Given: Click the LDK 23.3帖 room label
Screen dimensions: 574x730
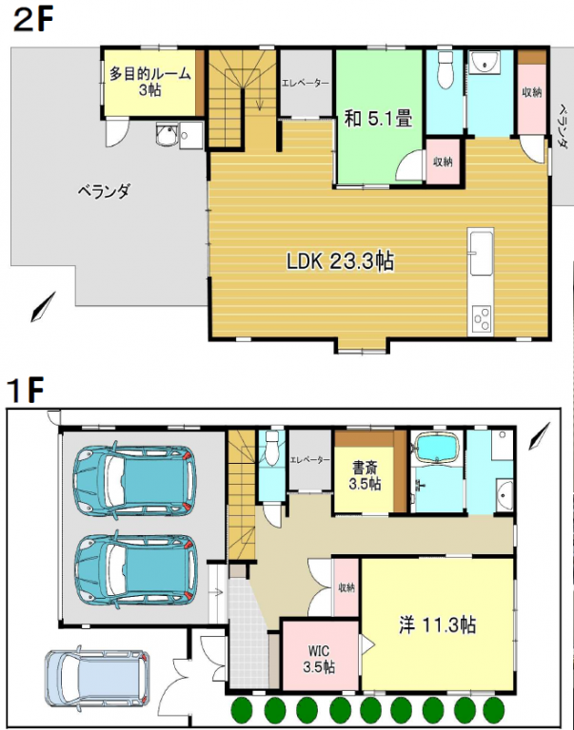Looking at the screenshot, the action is pyautogui.click(x=340, y=261).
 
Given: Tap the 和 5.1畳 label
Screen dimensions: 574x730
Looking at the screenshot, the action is pyautogui.click(x=378, y=118).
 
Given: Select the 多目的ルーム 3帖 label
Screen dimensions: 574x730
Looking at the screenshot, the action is pyautogui.click(x=149, y=82).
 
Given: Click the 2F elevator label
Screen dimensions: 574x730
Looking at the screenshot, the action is pyautogui.click(x=306, y=84).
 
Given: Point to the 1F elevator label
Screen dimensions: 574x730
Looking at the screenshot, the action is pyautogui.click(x=310, y=460).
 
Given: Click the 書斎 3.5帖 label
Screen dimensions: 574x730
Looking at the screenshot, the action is pyautogui.click(x=366, y=476).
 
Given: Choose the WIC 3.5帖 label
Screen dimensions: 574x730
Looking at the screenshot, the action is pyautogui.click(x=319, y=659).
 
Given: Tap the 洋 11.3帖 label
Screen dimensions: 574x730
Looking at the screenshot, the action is pyautogui.click(x=437, y=624).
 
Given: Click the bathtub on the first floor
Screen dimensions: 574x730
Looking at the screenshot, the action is pyautogui.click(x=437, y=448).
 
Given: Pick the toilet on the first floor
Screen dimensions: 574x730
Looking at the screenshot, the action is pyautogui.click(x=271, y=447).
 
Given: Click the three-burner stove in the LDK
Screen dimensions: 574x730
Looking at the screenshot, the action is pyautogui.click(x=482, y=319).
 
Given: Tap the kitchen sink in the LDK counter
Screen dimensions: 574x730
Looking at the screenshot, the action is pyautogui.click(x=482, y=252).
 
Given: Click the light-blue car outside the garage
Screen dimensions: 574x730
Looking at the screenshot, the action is pyautogui.click(x=97, y=678).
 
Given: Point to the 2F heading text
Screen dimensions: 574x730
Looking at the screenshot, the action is pyautogui.click(x=33, y=21).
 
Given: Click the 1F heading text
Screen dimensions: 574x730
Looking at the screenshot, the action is pyautogui.click(x=26, y=390).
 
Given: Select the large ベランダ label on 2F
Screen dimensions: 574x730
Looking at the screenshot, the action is pyautogui.click(x=104, y=191).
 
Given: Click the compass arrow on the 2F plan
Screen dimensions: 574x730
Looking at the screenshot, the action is pyautogui.click(x=43, y=306).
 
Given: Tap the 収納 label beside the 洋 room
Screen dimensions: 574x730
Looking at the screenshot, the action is pyautogui.click(x=346, y=587).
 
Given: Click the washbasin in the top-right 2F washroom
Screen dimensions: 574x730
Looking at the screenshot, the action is pyautogui.click(x=484, y=62).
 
